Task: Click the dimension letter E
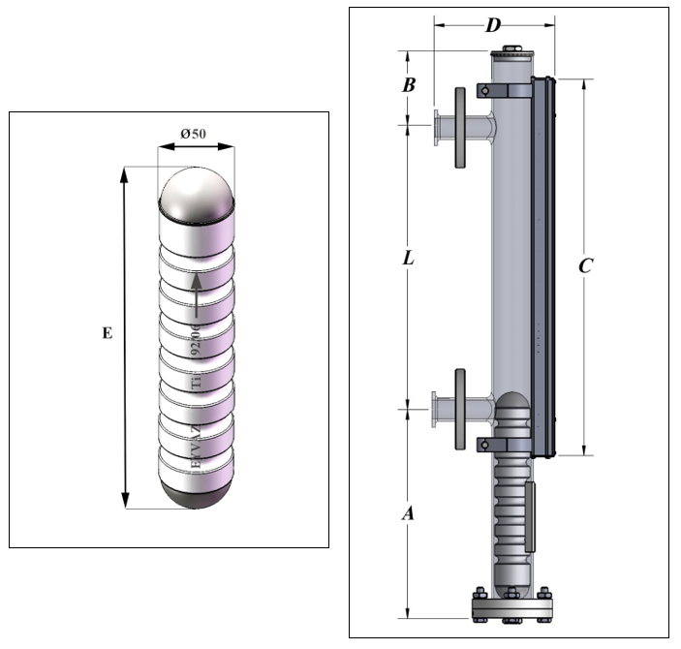pos(107,333)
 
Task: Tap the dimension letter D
pos(493,24)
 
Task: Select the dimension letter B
pos(409,85)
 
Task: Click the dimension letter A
pos(408,514)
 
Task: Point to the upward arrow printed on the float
pos(196,294)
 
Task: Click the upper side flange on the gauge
pos(455,126)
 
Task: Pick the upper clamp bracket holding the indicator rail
pos(505,91)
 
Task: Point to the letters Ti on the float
pos(198,385)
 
